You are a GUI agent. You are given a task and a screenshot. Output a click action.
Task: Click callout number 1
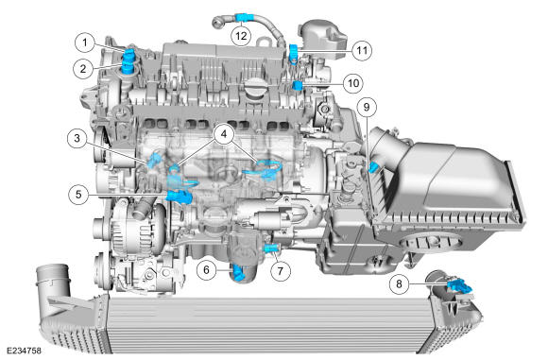point(85,43)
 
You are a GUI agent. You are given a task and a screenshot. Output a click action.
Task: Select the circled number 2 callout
point(83,68)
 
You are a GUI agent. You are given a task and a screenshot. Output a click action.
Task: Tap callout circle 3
point(77,138)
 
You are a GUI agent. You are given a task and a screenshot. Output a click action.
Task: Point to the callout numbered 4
point(224,133)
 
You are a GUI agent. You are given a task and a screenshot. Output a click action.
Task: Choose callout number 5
point(78,194)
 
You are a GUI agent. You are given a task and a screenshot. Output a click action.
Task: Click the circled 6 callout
point(206,269)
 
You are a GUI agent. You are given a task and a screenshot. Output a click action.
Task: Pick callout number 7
point(280,270)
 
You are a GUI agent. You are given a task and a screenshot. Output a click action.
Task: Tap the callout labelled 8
point(400,283)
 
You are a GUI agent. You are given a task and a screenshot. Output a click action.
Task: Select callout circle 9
point(367,107)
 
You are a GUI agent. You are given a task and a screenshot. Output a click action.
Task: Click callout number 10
point(353,83)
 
